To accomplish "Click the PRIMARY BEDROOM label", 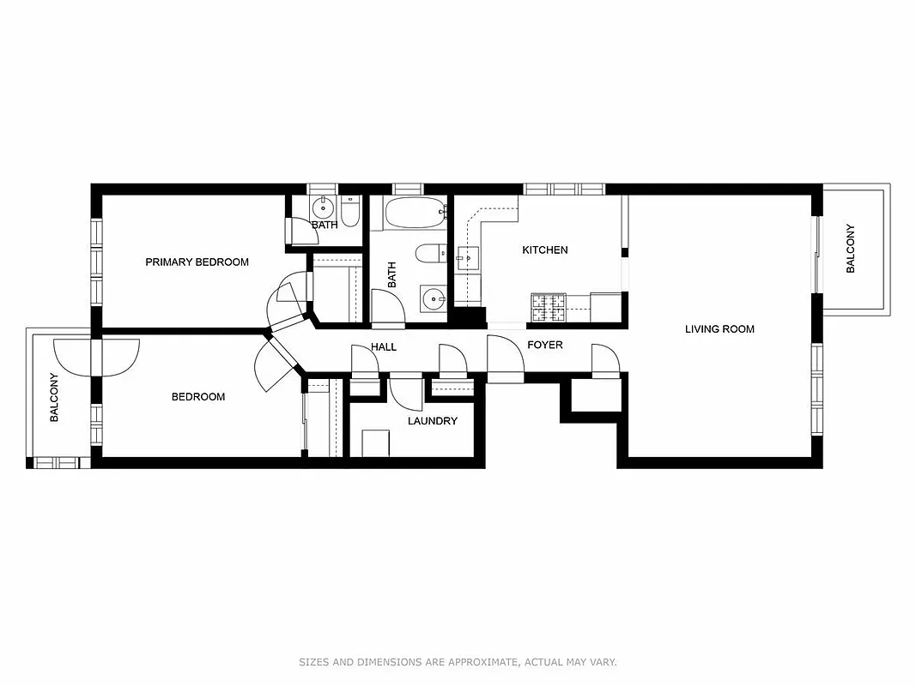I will coord(197,262).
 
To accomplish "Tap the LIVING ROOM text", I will coord(719,328).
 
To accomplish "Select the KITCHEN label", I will coord(545,250).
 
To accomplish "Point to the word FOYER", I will coord(544,345).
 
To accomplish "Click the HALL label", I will coord(384,347).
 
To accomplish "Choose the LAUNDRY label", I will coord(432,421).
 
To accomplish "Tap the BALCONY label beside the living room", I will coord(851,249).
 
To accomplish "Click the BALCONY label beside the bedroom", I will coord(54,397).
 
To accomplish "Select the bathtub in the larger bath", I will coord(414,212).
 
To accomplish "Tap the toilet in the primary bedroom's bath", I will coord(349,211).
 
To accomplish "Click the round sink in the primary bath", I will coord(324,207).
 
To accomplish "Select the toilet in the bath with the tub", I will coord(430,253).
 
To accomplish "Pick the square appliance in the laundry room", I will coord(375,443).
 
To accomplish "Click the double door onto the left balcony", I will coord(96,357).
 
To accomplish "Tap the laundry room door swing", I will coord(405,393).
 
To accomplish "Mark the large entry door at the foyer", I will coord(505,355).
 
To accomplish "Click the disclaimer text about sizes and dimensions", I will coord(458,662).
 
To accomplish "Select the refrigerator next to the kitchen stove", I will coord(606,306).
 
